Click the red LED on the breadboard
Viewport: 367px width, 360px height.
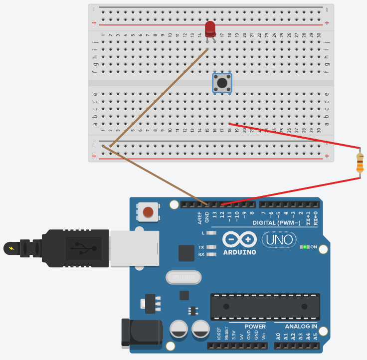click(x=210, y=28)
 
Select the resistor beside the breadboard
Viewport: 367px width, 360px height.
click(x=360, y=163)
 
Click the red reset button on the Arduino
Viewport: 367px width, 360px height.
click(x=148, y=212)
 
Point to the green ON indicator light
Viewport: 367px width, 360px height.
click(x=304, y=247)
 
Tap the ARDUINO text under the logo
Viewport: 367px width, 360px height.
click(x=240, y=252)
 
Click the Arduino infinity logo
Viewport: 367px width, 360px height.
click(x=240, y=239)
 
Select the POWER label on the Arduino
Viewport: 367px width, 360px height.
click(x=255, y=327)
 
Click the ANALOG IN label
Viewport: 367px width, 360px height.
click(x=301, y=327)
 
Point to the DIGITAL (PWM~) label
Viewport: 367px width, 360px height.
click(x=276, y=222)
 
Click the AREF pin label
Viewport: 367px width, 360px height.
click(x=200, y=217)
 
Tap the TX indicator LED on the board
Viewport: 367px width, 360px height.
click(x=211, y=247)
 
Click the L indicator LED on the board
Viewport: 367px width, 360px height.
click(x=211, y=233)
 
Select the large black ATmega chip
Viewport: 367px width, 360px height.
click(x=265, y=306)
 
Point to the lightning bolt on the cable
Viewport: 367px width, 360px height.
click(x=11, y=247)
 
